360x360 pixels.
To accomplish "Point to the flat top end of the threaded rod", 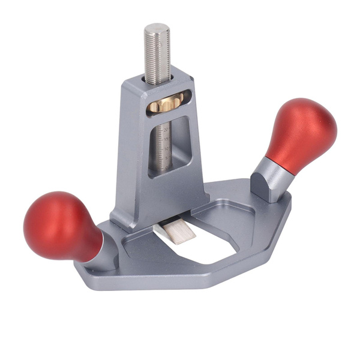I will coord(157,28).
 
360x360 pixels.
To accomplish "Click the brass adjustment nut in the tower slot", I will coord(164,104).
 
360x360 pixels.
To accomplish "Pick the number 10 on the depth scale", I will coord(166,146).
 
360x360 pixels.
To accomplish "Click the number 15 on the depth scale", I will coord(166,137).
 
